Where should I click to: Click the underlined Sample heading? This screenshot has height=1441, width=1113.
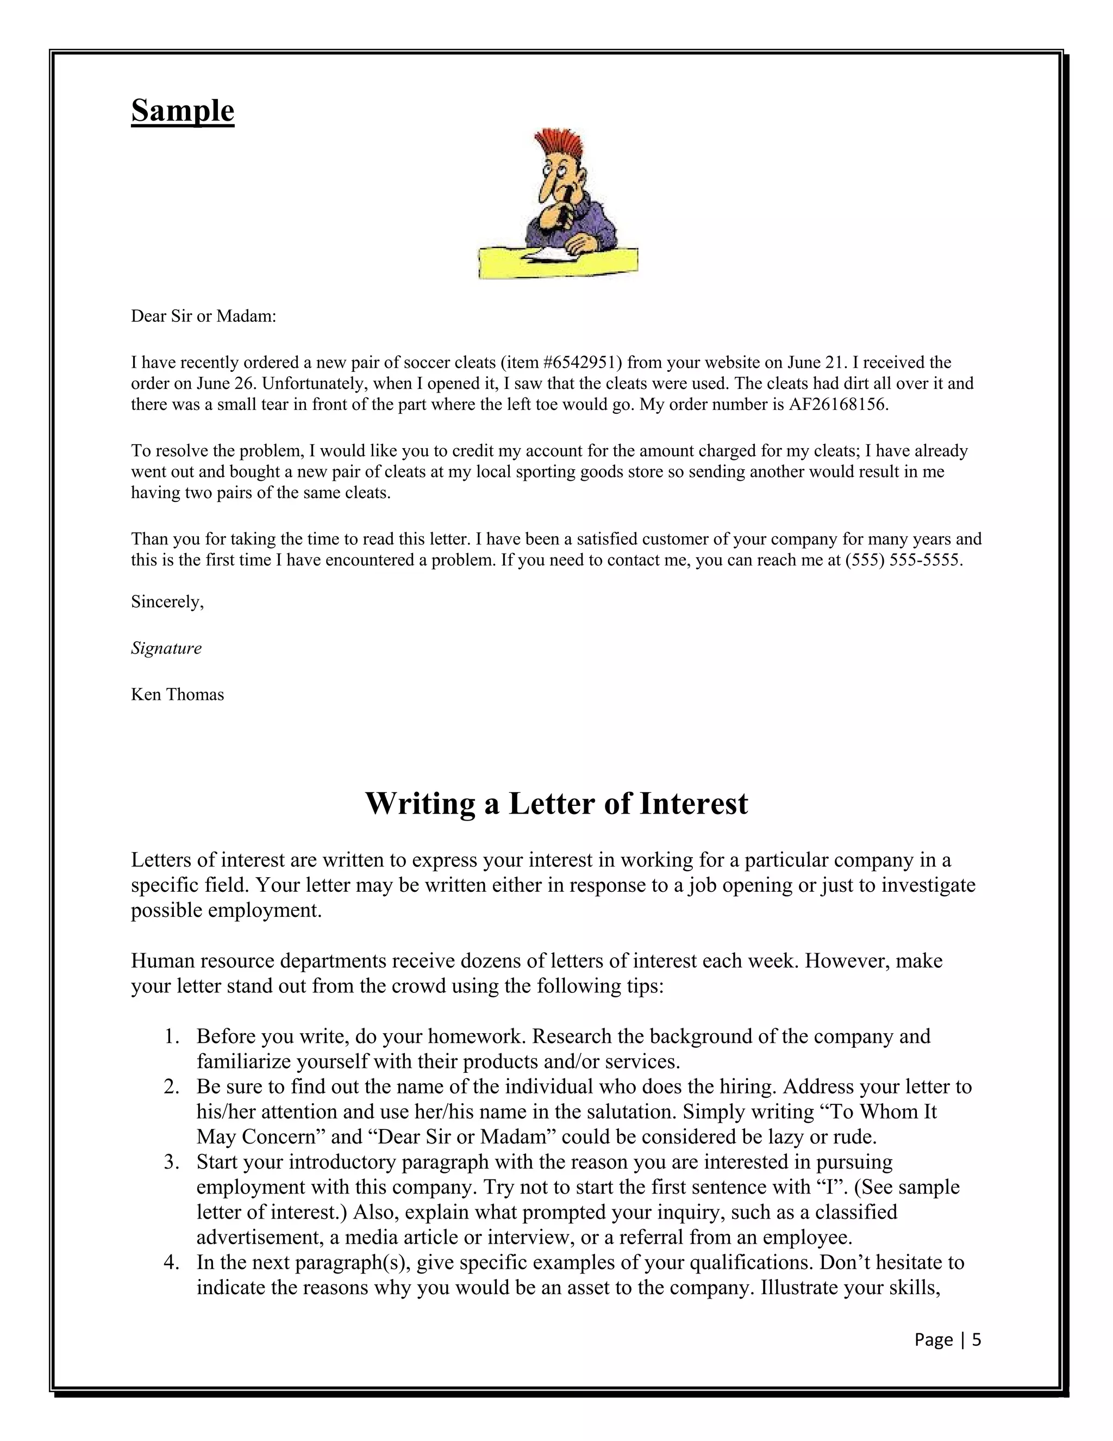[183, 110]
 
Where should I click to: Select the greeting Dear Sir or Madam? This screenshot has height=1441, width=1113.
[203, 316]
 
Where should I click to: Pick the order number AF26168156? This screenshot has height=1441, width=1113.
[838, 405]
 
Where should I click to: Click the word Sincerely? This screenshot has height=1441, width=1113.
[167, 602]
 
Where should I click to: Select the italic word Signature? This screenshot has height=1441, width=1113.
[166, 648]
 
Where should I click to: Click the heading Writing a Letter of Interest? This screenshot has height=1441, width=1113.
[556, 803]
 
